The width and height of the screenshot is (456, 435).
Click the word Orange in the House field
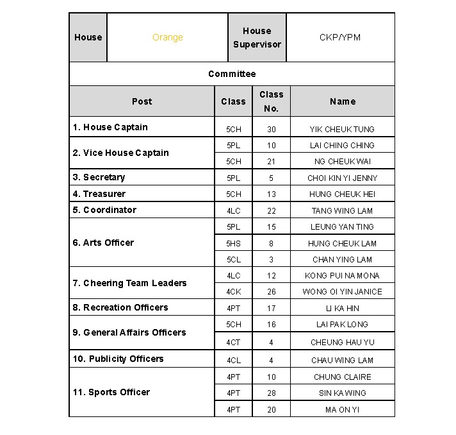168,38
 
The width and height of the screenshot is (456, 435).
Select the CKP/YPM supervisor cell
340,38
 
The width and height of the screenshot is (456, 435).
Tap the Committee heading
232,74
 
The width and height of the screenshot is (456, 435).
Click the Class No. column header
272,101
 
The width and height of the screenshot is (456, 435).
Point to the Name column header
343,101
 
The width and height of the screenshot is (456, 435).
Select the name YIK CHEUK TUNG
342,130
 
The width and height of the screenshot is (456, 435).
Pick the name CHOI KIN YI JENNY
342,178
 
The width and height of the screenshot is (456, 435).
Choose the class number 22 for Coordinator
272,211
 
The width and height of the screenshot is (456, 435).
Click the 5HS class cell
234,244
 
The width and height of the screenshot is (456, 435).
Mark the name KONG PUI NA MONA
342,276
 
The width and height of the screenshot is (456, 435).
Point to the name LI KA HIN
342,309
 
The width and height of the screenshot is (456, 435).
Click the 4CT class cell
234,343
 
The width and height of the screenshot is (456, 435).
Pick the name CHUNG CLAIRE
342,377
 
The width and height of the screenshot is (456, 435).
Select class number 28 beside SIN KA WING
272,393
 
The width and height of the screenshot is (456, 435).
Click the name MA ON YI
342,409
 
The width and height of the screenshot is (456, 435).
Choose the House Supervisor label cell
257,38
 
